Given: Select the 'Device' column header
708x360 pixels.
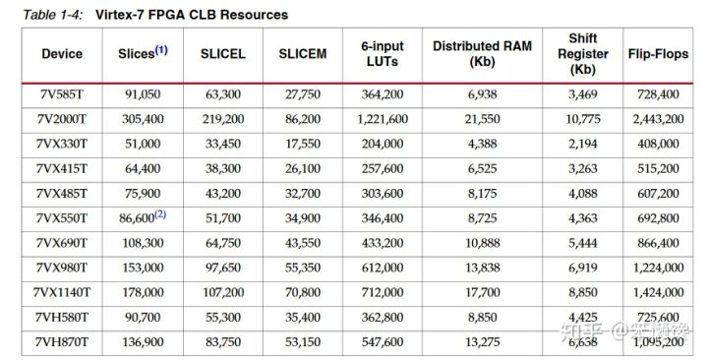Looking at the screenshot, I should coord(63,54).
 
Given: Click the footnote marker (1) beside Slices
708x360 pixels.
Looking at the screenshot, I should coord(161,48).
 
